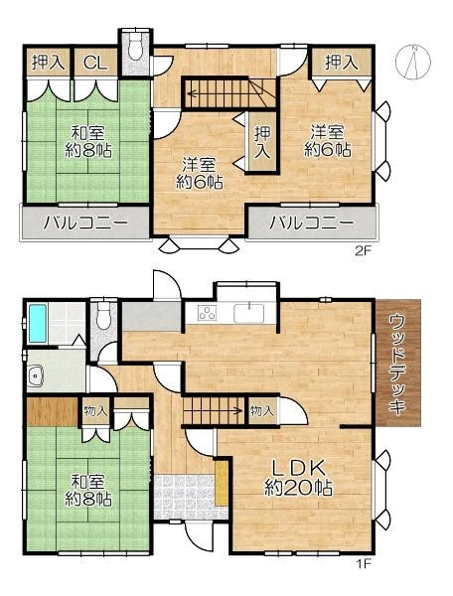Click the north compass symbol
coord(413,61)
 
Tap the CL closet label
coord(95,63)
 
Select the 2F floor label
coord(363,251)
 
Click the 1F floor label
coord(363,563)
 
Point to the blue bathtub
coord(37,324)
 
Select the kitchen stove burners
coord(207,313)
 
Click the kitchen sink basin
coord(249,313)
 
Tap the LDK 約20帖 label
coord(298,478)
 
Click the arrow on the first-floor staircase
coord(214,410)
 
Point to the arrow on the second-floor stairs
coord(218,92)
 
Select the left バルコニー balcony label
coord(85,223)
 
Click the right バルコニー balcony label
coord(311,223)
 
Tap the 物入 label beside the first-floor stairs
coord(262,410)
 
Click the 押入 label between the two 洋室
coord(262,141)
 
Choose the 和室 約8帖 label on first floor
coord(88,491)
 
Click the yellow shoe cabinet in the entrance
coord(222,483)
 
